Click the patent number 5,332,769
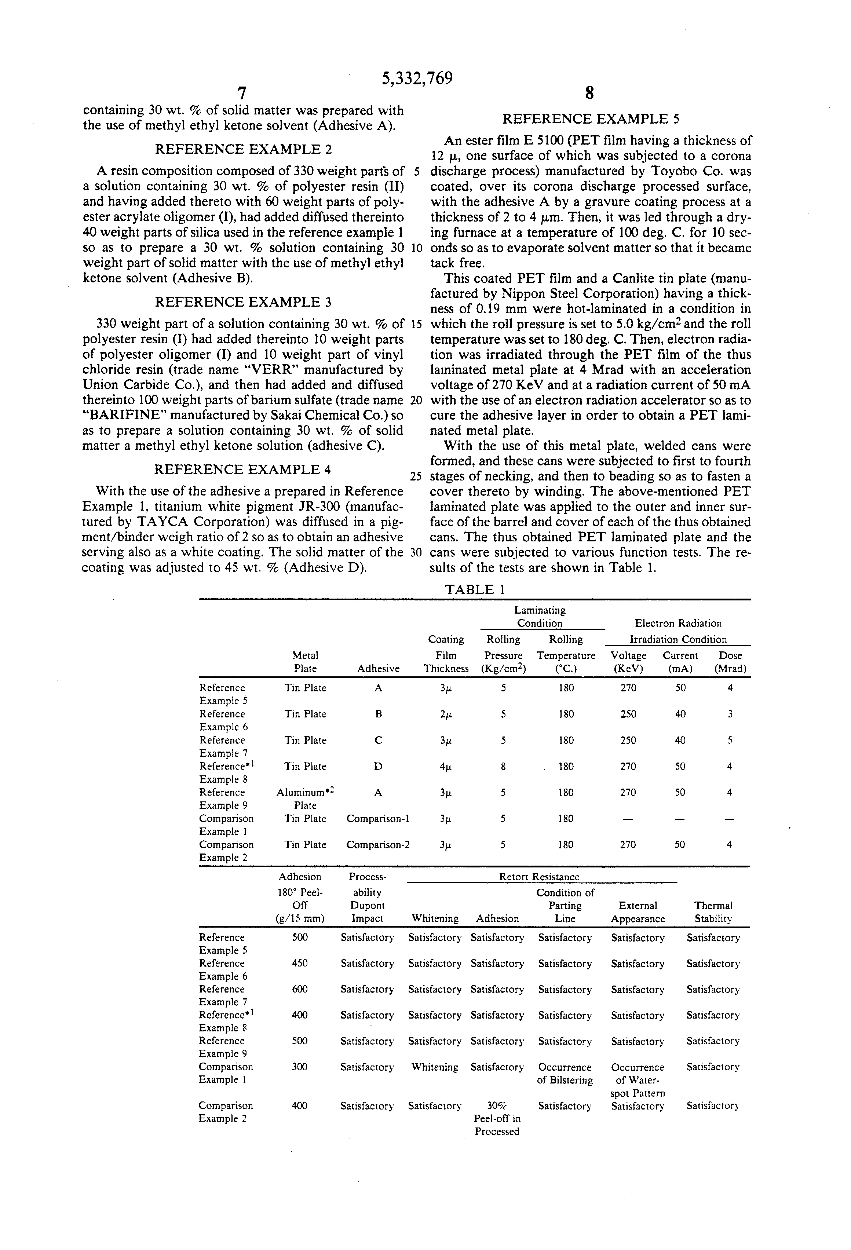(x=417, y=78)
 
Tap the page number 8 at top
(x=589, y=94)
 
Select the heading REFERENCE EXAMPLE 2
(x=243, y=149)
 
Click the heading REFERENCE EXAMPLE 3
(x=243, y=302)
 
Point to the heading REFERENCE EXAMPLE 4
(x=242, y=469)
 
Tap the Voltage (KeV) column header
(x=628, y=662)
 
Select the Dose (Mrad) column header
(x=730, y=662)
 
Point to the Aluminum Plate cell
(x=306, y=799)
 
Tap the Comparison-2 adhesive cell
(x=378, y=844)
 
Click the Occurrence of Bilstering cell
(x=565, y=1074)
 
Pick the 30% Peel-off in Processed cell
(x=497, y=1119)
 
